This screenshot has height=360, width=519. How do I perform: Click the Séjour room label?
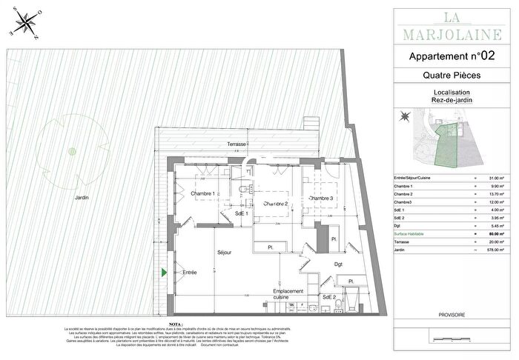[x=225, y=253]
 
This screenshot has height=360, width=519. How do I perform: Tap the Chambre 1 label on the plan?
[x=202, y=194]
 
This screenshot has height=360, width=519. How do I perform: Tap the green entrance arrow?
[x=165, y=273]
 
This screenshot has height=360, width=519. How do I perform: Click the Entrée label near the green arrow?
[x=190, y=273]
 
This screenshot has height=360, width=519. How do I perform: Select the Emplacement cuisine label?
[x=288, y=296]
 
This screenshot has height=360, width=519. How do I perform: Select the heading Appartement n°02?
[x=452, y=56]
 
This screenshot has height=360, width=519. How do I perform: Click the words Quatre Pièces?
[x=452, y=76]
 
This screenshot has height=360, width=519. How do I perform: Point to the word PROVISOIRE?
[x=452, y=315]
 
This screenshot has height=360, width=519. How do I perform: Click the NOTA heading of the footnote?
[x=175, y=324]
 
